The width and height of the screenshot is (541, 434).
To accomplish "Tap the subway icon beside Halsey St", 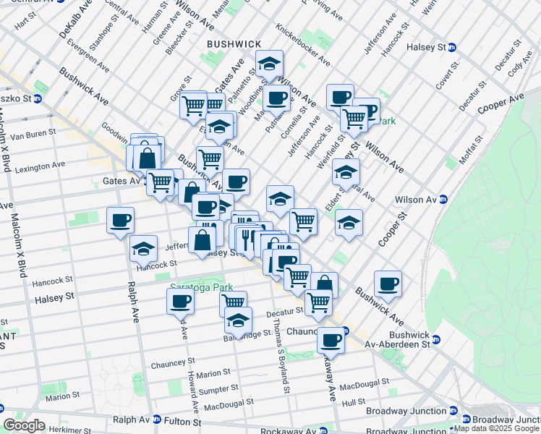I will tap(452, 47).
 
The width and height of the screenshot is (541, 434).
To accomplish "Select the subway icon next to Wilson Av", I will tap(443, 200).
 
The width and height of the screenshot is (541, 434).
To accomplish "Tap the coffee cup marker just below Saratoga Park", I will tap(180, 301).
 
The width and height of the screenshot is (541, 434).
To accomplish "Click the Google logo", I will tap(24, 425).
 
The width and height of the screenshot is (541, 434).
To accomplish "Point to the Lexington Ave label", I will tap(38, 166).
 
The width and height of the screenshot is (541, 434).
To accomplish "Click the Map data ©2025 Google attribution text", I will tap(497, 428).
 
